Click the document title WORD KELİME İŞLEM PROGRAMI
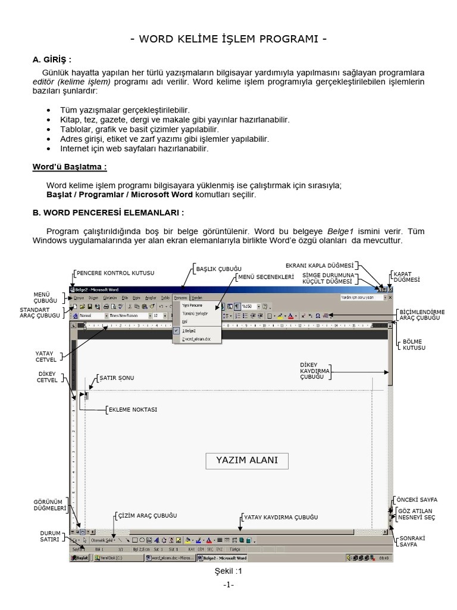(228, 40)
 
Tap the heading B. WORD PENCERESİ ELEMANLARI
(108, 212)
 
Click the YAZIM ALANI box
(246, 460)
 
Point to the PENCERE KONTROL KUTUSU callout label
(115, 273)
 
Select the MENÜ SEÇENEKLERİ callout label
(265, 277)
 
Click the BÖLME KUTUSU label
(414, 344)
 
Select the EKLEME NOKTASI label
(132, 410)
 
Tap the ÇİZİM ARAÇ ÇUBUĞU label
(147, 515)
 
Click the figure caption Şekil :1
(228, 571)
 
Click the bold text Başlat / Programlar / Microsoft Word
(119, 194)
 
